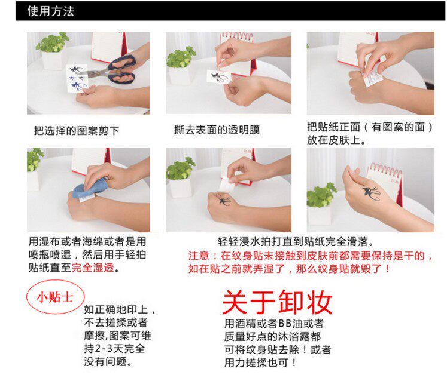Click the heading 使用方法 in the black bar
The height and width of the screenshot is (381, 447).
(51, 11)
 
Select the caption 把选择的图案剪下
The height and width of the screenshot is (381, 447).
(77, 131)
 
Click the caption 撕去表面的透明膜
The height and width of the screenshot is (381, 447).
(217, 130)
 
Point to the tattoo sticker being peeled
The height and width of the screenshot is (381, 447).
(219, 76)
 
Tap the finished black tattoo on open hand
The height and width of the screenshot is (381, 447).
(371, 193)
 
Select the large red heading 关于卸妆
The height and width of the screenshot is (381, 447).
(277, 302)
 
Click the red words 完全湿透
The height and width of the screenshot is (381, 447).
(93, 268)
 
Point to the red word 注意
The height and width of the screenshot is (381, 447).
(199, 256)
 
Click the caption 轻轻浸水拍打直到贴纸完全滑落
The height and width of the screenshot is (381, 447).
(296, 242)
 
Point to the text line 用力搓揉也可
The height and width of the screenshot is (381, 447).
(260, 362)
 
